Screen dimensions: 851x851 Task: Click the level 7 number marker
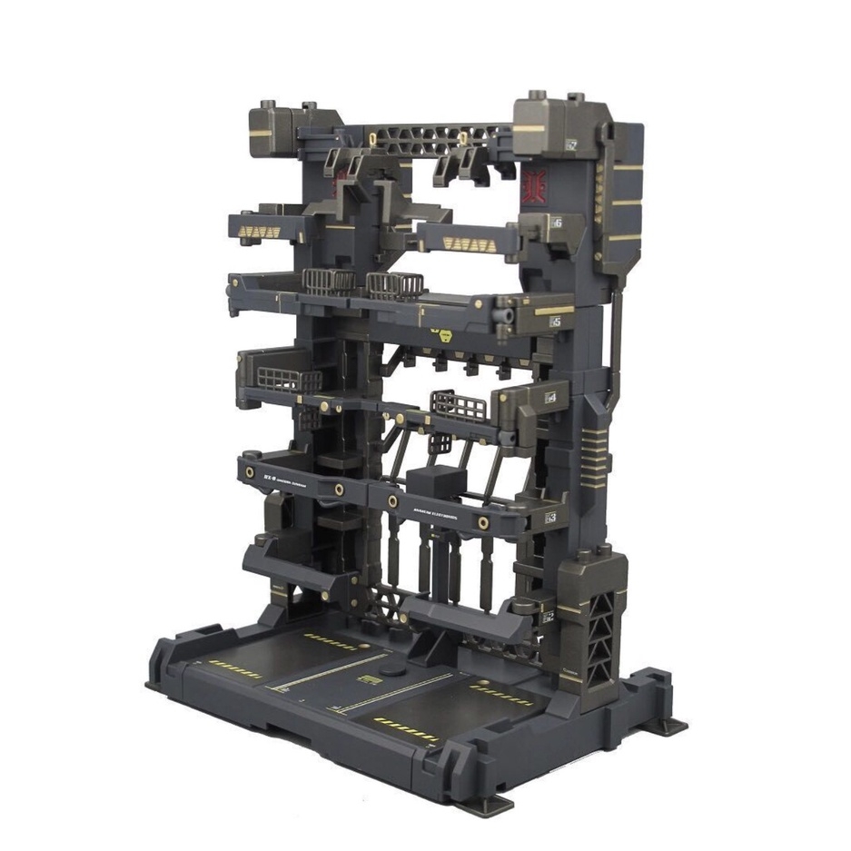tap(571, 143)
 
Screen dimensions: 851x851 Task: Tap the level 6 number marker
tap(556, 223)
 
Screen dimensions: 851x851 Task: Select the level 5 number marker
tap(555, 321)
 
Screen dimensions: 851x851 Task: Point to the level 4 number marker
tap(549, 397)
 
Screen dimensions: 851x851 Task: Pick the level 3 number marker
tap(550, 518)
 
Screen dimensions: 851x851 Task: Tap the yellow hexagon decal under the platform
tap(444, 334)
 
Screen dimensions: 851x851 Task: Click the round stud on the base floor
tap(392, 670)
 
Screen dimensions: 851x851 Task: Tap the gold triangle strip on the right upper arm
tap(470, 243)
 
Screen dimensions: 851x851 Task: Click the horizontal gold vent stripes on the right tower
tap(594, 450)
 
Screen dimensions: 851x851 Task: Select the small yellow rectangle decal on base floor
tap(369, 679)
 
